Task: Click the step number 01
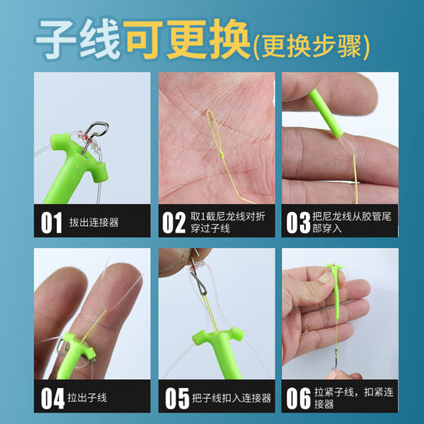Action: [x=51, y=222]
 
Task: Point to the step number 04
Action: [x=51, y=398]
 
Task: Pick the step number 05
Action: [x=175, y=398]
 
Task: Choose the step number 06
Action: [x=297, y=398]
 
